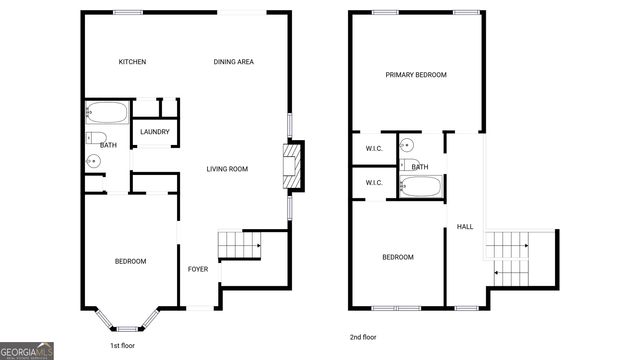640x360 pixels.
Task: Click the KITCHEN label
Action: tap(133, 62)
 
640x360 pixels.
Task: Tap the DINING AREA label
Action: tap(233, 62)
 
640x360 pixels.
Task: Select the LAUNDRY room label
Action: tap(154, 132)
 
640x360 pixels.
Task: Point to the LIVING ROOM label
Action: tap(227, 169)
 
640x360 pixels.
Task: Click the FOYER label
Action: tap(198, 270)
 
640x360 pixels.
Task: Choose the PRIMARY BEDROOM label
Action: tap(416, 75)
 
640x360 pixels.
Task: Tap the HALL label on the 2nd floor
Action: tap(465, 227)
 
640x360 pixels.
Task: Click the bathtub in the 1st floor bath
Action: tap(107, 111)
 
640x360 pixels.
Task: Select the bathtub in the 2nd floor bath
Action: tap(421, 186)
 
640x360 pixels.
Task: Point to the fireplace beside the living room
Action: tap(292, 166)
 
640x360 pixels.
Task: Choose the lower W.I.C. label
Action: tap(374, 183)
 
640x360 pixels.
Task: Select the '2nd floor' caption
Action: tap(364, 337)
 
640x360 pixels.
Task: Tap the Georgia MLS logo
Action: tap(27, 351)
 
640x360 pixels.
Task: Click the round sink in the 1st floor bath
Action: tap(94, 161)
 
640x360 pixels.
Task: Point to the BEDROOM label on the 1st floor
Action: tap(130, 262)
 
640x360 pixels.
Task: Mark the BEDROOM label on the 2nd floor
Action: tap(398, 258)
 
